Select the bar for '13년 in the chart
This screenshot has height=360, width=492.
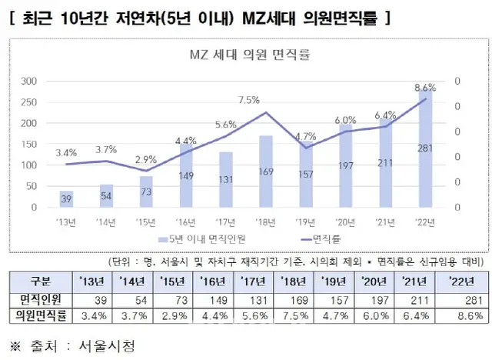pos(66,199)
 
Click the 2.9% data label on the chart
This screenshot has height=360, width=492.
pos(145,159)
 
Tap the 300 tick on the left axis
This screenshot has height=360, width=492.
pos(28,81)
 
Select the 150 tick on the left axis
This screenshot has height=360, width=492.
pos(28,144)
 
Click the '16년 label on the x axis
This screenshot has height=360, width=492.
pos(186,222)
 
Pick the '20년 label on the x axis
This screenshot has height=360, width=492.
pos(346,222)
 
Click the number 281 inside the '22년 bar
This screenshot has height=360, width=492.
pos(425,170)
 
